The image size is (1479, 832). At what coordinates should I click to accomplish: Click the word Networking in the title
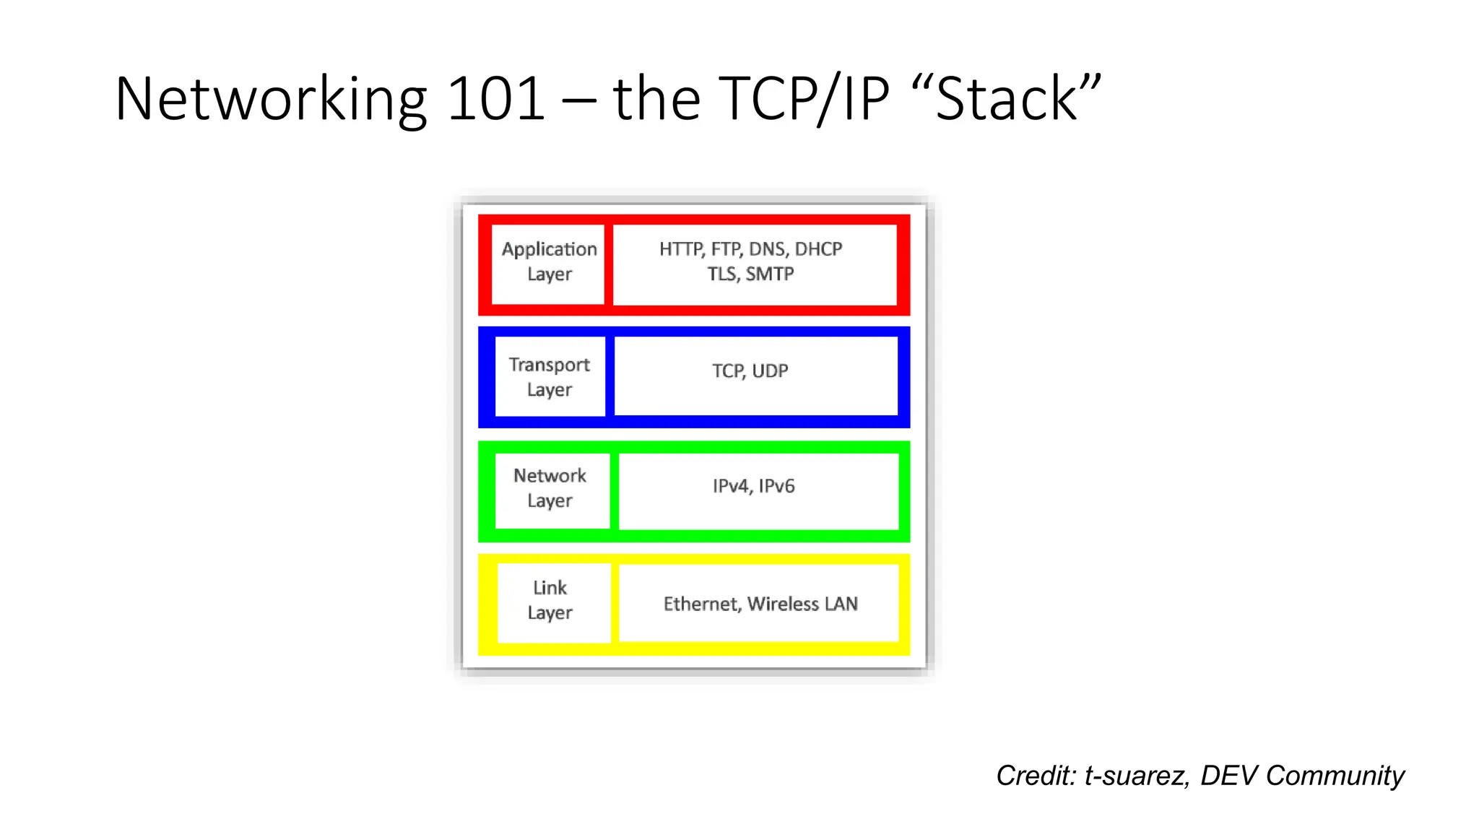point(271,99)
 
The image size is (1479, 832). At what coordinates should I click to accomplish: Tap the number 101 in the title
point(495,99)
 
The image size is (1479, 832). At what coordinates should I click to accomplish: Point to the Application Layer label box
point(549,262)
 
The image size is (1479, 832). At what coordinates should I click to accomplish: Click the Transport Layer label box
point(550,376)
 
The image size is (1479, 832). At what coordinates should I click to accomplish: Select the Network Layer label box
point(550,488)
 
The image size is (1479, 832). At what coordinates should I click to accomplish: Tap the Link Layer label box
point(550,601)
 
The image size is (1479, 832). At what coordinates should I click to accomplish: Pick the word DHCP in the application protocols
point(818,249)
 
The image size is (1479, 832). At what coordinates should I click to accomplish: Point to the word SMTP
point(770,274)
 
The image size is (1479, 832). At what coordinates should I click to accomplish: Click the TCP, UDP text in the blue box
point(750,371)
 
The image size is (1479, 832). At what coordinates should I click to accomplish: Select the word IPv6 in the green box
point(776,486)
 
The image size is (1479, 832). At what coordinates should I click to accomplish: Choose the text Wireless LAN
point(802,604)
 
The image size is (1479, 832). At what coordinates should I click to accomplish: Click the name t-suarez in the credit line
point(1136,776)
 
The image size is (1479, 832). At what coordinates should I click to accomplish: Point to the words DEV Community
point(1302,776)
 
